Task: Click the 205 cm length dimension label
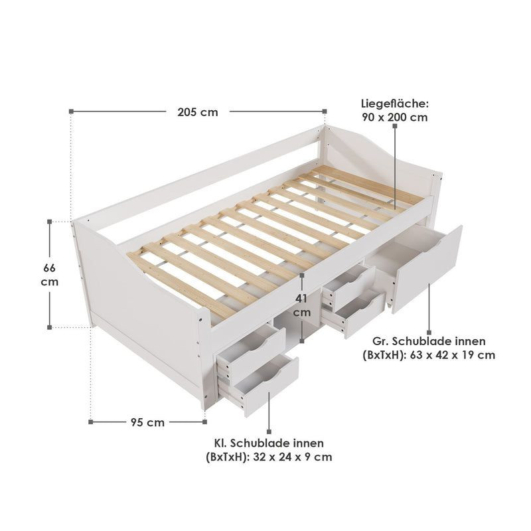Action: point(198,112)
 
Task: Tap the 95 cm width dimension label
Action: point(147,422)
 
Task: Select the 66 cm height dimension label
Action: point(49,275)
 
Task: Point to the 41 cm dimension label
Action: point(301,305)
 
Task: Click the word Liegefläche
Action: point(394,104)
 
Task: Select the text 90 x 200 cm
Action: point(394,117)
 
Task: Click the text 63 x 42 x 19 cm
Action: point(453,355)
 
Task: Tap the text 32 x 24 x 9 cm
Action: point(293,457)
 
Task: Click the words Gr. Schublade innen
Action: point(429,341)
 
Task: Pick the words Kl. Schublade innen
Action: point(269,443)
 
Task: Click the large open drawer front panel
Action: point(427,270)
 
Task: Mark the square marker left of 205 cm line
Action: point(71,111)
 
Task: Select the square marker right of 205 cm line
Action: point(325,111)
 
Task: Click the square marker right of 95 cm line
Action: point(204,422)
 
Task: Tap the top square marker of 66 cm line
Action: point(49,222)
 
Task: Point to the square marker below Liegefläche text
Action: point(395,125)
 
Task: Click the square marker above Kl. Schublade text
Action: point(269,432)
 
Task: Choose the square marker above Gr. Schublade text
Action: point(429,333)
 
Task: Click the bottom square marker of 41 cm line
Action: point(302,341)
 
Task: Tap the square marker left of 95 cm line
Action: point(90,422)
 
